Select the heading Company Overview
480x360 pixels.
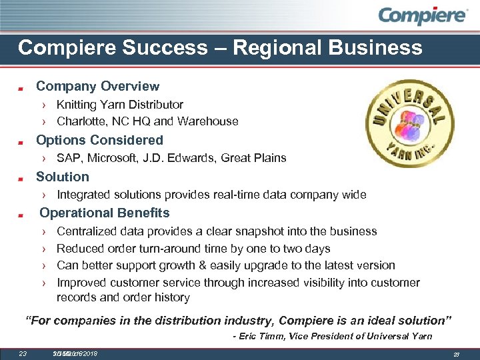coord(97,86)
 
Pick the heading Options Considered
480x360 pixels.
coord(99,140)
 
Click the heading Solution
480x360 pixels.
coord(62,177)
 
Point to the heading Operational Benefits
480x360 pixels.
coord(105,213)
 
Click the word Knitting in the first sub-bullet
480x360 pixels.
coord(77,105)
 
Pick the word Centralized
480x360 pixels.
coord(88,231)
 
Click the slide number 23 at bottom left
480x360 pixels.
coord(22,353)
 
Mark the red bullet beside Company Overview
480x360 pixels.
coord(21,87)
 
